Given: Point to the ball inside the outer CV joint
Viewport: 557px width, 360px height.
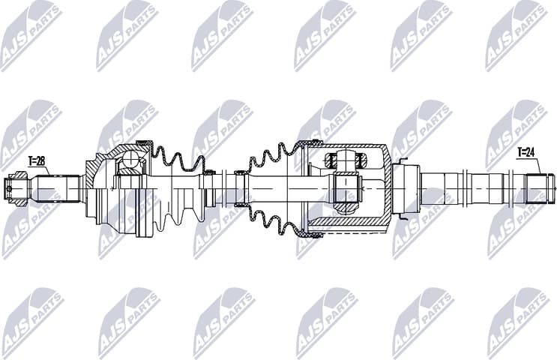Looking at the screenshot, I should click(x=132, y=159).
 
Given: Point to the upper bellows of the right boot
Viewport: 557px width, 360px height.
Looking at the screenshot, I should click(x=274, y=155).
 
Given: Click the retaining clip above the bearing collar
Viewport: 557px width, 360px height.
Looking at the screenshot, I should click(x=403, y=160).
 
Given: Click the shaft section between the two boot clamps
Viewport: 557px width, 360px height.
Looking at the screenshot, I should click(x=225, y=187).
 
